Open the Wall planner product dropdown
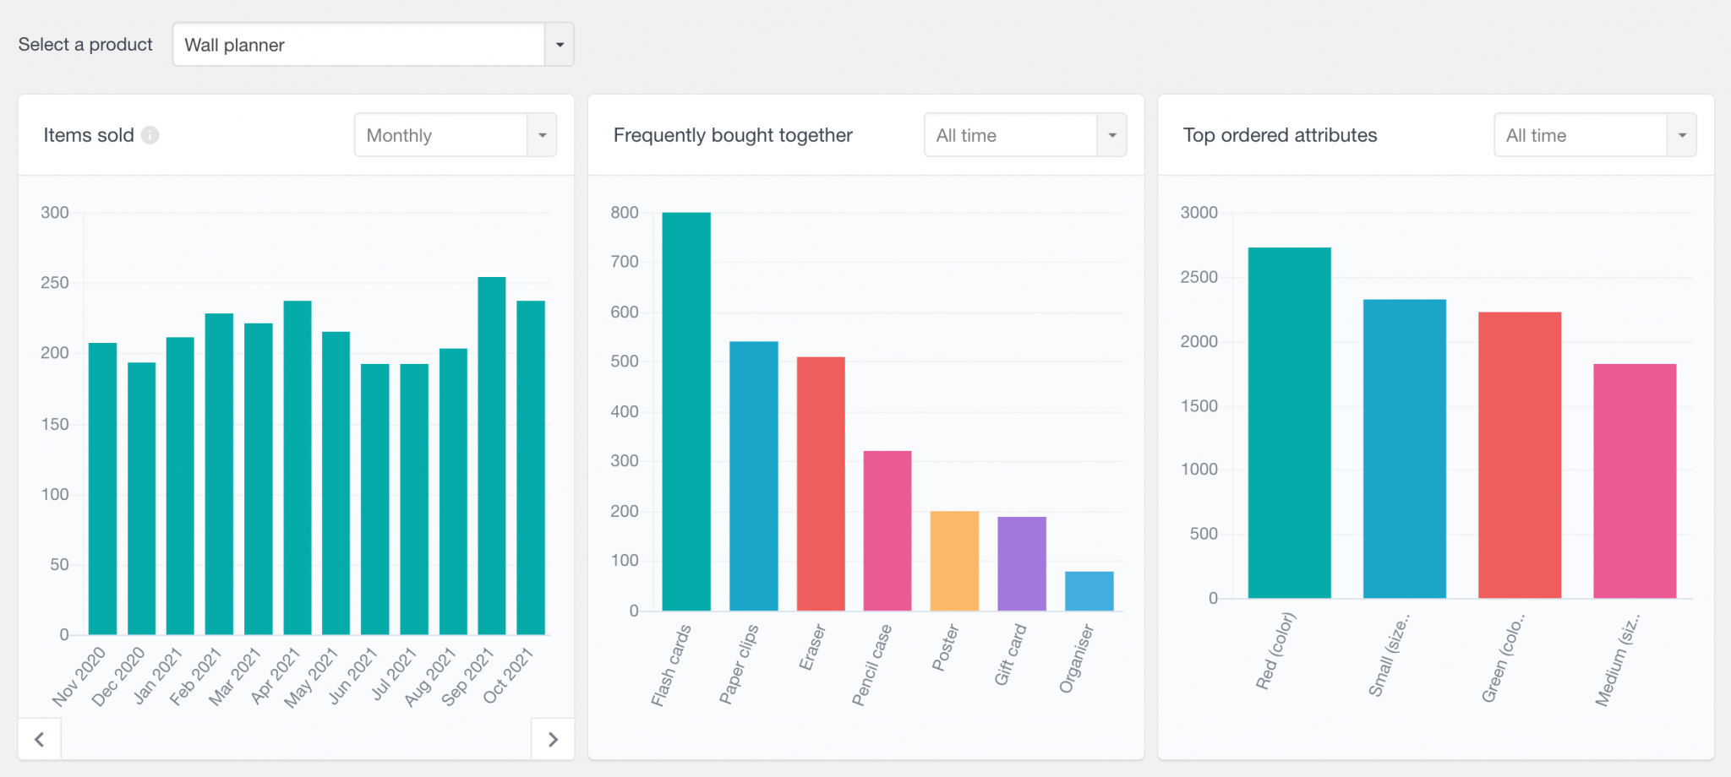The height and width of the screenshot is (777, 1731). coord(373,45)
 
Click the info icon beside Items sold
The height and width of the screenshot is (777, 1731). coord(150,135)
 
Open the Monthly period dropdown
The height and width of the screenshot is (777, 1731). coord(455,135)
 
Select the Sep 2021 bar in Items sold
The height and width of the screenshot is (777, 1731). coord(492,456)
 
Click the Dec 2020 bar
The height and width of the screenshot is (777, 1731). coord(141,498)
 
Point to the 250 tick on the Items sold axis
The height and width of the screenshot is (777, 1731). coord(55,283)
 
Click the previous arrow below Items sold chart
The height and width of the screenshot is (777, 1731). coord(40,740)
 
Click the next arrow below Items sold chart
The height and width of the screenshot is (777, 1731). coord(553,740)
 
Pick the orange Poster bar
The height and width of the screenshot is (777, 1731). coord(954,561)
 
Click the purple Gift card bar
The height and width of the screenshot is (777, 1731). coord(1021,563)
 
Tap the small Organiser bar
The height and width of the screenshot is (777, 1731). coord(1089,591)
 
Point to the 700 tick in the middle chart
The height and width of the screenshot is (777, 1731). coord(625,262)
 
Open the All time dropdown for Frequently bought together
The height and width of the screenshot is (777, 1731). coord(1024,135)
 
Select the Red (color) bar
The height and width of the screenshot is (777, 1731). coord(1289,422)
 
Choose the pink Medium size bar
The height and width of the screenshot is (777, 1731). coord(1635,481)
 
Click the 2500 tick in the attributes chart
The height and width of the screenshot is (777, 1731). coord(1199,277)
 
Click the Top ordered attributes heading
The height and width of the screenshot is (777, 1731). coord(1280,135)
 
